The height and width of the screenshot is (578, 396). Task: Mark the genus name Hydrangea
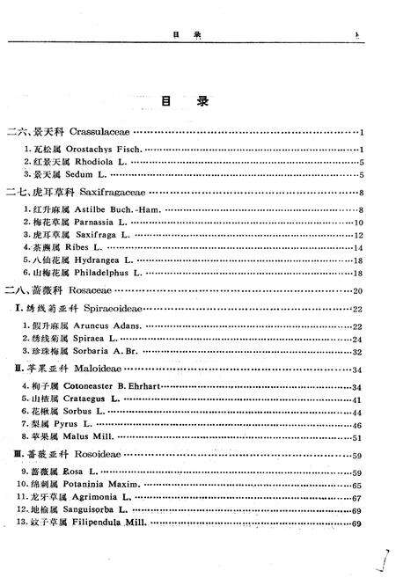pyautogui.click(x=99, y=261)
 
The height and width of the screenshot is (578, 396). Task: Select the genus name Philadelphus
pyautogui.click(x=105, y=274)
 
